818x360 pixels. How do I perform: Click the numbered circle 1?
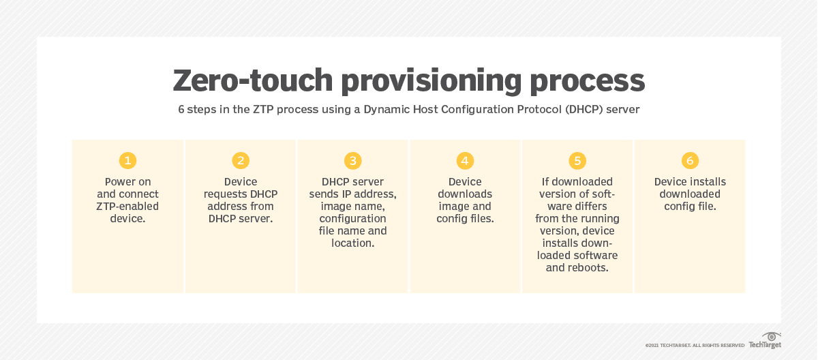click(x=127, y=161)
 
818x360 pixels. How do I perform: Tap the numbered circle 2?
click(x=240, y=161)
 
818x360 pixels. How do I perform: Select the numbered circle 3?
click(x=352, y=161)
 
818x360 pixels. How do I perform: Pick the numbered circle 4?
click(x=465, y=161)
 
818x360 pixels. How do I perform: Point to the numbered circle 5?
click(x=577, y=161)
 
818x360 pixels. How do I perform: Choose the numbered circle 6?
click(x=690, y=161)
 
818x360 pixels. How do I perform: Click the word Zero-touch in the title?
click(x=252, y=80)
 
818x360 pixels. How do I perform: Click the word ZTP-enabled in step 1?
click(x=127, y=206)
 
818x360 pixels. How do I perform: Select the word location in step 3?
click(x=352, y=243)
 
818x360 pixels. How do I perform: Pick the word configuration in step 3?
click(x=352, y=218)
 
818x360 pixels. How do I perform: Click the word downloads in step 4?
click(x=465, y=194)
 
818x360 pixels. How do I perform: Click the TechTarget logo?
click(x=764, y=341)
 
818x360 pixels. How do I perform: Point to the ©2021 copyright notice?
click(x=695, y=346)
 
